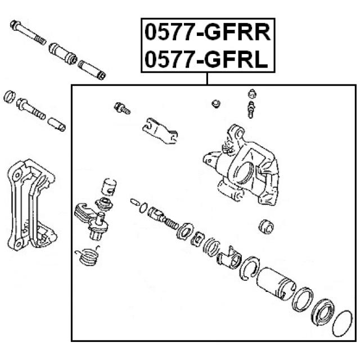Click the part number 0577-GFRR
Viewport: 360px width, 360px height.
click(208, 33)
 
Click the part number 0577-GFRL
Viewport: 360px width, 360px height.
click(206, 59)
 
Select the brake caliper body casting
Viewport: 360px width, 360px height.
click(241, 165)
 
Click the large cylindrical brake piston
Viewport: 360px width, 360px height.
click(276, 283)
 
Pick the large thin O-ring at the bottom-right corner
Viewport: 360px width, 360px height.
click(343, 323)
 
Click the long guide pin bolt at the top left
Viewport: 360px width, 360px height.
click(28, 33)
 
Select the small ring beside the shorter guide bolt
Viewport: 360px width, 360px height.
click(10, 96)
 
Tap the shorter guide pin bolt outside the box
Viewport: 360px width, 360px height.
click(31, 109)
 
